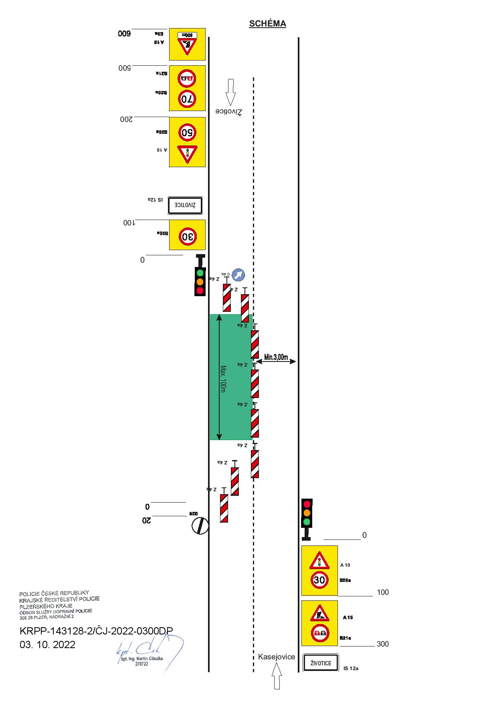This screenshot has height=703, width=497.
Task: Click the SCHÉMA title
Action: pos(267,24)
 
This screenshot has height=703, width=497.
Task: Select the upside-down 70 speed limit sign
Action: pos(187,99)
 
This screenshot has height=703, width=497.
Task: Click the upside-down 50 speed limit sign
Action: pos(187,132)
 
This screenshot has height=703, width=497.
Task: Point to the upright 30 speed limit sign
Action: pos(319,580)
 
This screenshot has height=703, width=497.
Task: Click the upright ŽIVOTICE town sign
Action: pos(321,663)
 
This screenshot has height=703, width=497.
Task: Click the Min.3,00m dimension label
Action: pos(276,357)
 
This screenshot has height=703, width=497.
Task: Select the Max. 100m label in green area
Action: pos(223,379)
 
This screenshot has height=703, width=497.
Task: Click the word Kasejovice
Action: pos(277,657)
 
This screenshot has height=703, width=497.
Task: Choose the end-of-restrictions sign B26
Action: pos(200,526)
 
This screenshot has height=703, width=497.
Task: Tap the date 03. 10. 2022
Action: pos(47,644)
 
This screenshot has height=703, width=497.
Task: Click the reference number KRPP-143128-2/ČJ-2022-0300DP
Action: pos(96,631)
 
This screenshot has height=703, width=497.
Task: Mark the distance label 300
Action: pos(383,644)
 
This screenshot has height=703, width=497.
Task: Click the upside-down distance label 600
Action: pos(124,34)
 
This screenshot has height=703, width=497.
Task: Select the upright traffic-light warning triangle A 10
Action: pos(319,561)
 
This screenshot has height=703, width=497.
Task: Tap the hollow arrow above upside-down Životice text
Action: pos(230,93)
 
